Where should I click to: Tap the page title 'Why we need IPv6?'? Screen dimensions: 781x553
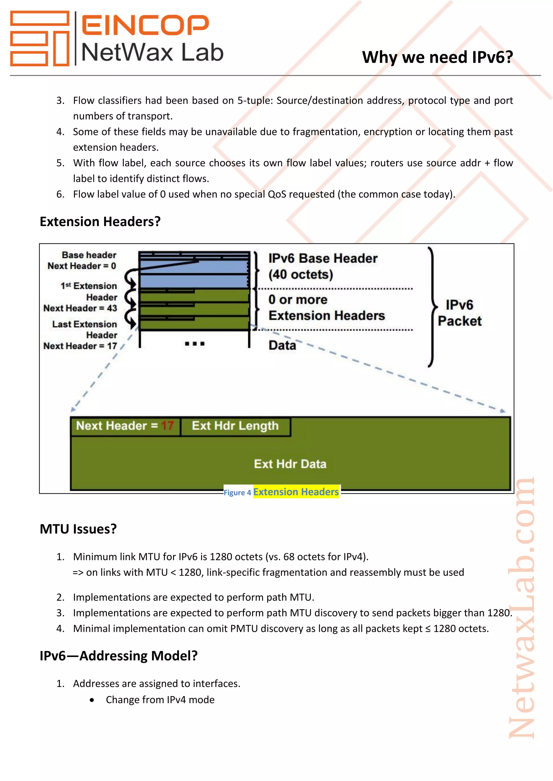click(437, 57)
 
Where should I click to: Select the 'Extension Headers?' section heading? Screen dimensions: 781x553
click(100, 221)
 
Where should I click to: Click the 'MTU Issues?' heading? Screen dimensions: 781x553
click(78, 529)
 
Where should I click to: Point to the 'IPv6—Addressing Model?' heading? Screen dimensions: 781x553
click(119, 656)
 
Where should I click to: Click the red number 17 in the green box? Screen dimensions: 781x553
click(167, 426)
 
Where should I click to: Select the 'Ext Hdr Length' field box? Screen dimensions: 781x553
click(235, 426)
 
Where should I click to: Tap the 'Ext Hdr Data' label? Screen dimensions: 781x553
click(290, 464)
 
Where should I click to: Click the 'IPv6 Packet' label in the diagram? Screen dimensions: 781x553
click(459, 313)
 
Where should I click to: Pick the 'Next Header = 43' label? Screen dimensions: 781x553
click(80, 308)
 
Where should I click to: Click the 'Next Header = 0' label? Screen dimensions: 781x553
click(82, 266)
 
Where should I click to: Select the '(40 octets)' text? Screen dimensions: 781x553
click(301, 275)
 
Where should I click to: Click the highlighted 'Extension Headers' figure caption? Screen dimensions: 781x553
click(296, 492)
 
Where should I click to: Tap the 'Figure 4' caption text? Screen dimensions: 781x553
click(237, 492)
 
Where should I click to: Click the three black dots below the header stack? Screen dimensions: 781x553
click(194, 344)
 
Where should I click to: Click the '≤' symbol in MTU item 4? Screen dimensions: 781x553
click(428, 629)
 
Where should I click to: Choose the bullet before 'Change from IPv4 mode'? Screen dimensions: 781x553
click(92, 700)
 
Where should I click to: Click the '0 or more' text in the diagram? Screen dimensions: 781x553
click(298, 300)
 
